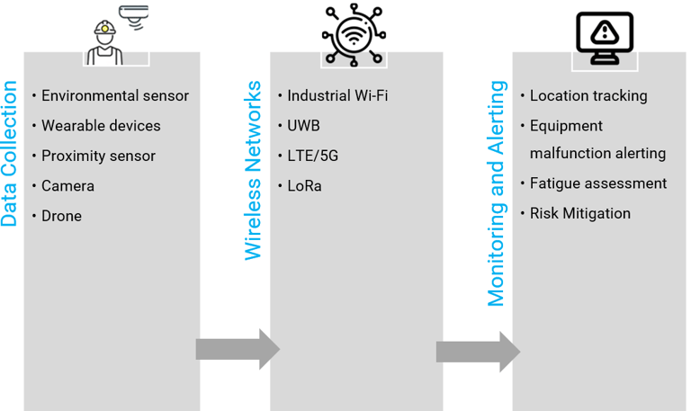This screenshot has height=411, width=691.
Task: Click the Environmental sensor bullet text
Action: pyautogui.click(x=115, y=96)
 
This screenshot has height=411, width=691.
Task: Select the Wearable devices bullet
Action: pyautogui.click(x=101, y=126)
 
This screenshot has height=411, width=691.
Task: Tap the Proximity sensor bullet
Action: pyautogui.click(x=98, y=156)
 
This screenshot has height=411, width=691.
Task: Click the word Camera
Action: pyautogui.click(x=67, y=186)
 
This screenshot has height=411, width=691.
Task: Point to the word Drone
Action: pyautogui.click(x=61, y=217)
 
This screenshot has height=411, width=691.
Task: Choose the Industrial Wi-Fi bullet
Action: pyautogui.click(x=337, y=96)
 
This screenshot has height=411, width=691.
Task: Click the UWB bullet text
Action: pyautogui.click(x=303, y=126)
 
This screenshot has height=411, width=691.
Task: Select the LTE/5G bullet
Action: pyautogui.click(x=313, y=156)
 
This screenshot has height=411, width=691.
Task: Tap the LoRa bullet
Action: pyautogui.click(x=304, y=186)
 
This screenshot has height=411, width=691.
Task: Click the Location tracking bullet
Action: pyautogui.click(x=588, y=96)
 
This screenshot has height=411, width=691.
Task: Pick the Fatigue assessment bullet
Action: pyautogui.click(x=598, y=183)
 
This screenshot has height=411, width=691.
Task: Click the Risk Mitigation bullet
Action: pyautogui.click(x=579, y=214)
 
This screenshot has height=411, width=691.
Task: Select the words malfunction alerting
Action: pyautogui.click(x=597, y=154)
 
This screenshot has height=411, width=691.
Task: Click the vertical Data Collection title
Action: pyautogui.click(x=10, y=154)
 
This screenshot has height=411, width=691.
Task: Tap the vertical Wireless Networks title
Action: pyautogui.click(x=254, y=171)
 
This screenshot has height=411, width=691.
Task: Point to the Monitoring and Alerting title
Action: pyautogui.click(x=497, y=193)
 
